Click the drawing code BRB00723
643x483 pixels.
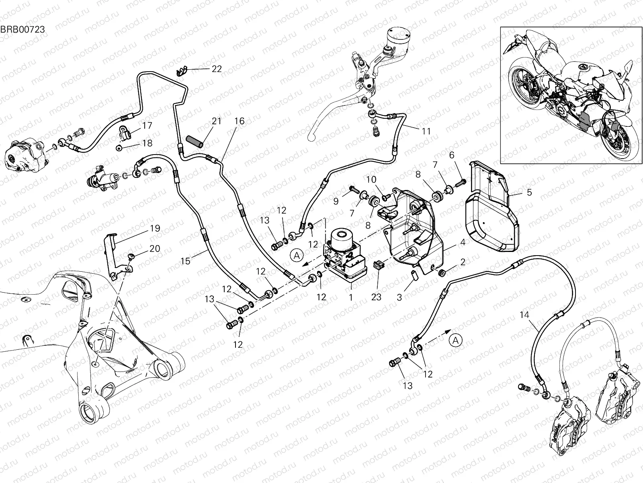click(22, 29)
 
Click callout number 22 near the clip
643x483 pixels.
click(217, 69)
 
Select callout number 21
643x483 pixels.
click(217, 121)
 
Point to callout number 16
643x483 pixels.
click(240, 121)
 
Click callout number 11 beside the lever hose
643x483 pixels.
click(426, 131)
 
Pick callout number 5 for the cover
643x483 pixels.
click(529, 192)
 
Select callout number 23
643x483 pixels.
click(376, 297)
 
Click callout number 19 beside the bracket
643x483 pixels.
click(155, 228)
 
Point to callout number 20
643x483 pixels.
click(155, 249)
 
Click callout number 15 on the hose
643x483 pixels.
click(185, 261)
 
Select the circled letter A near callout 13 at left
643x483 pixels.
click(297, 255)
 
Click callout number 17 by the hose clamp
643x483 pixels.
click(147, 126)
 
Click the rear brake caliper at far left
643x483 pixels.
click(25, 156)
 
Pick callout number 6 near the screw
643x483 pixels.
click(451, 155)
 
